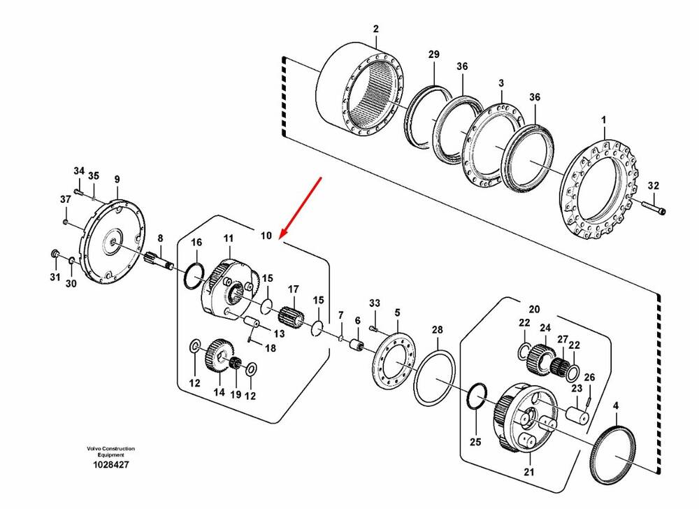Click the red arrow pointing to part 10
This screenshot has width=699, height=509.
point(301,208)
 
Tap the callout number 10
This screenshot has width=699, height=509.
point(266,236)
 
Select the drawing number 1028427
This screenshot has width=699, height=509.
point(110,465)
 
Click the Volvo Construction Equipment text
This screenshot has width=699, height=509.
point(110,452)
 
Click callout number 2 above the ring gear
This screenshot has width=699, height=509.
point(376,29)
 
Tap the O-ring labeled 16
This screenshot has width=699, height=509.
point(194,276)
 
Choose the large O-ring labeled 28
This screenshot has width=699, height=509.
point(435,373)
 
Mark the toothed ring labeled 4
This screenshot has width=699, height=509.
point(615,455)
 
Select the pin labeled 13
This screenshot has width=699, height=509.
point(253,322)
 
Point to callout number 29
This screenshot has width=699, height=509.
point(434,55)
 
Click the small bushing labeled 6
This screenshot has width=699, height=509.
point(356,345)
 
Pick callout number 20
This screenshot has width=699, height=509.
point(534,309)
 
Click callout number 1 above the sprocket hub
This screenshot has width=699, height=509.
point(604,120)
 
